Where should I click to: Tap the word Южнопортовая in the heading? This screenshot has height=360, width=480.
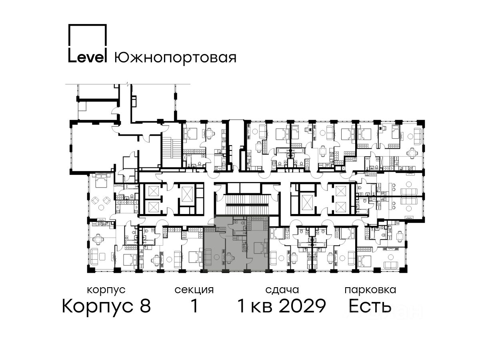(175, 58)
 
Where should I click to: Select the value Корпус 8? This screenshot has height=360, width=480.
(106, 306)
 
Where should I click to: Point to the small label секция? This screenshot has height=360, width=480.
(194, 290)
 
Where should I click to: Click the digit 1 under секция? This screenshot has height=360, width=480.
(194, 306)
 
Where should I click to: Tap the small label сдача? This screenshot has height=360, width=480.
(282, 290)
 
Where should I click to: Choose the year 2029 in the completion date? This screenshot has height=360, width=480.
(302, 306)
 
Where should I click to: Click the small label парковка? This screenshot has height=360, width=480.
(370, 290)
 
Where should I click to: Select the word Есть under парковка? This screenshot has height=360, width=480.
(370, 306)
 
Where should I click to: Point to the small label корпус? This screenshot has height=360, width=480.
(106, 290)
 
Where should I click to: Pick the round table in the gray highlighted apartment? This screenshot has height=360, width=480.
(216, 257)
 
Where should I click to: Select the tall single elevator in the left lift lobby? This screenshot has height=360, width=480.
(186, 195)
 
